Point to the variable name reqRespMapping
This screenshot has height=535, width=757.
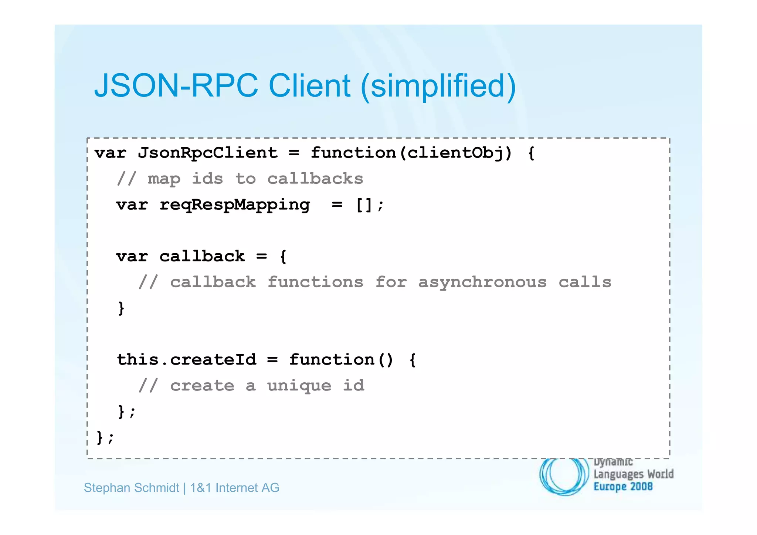[235, 205]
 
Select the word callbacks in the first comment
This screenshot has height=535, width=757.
[315, 179]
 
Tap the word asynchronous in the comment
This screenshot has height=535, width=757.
[482, 282]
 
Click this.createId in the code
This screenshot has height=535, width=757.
[187, 360]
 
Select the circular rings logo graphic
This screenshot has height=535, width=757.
[564, 476]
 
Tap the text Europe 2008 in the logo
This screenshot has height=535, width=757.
[623, 487]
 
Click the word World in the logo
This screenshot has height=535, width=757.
[660, 474]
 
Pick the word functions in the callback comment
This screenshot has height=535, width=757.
[315, 282]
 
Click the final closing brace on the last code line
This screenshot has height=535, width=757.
[100, 437]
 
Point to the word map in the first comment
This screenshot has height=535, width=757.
[164, 179]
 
